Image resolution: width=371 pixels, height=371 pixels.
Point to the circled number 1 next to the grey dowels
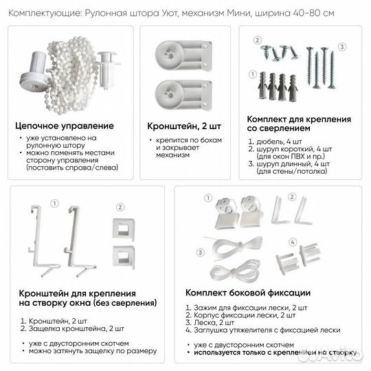point(253,71)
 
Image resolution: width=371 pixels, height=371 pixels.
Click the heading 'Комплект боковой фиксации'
point(247,293)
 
